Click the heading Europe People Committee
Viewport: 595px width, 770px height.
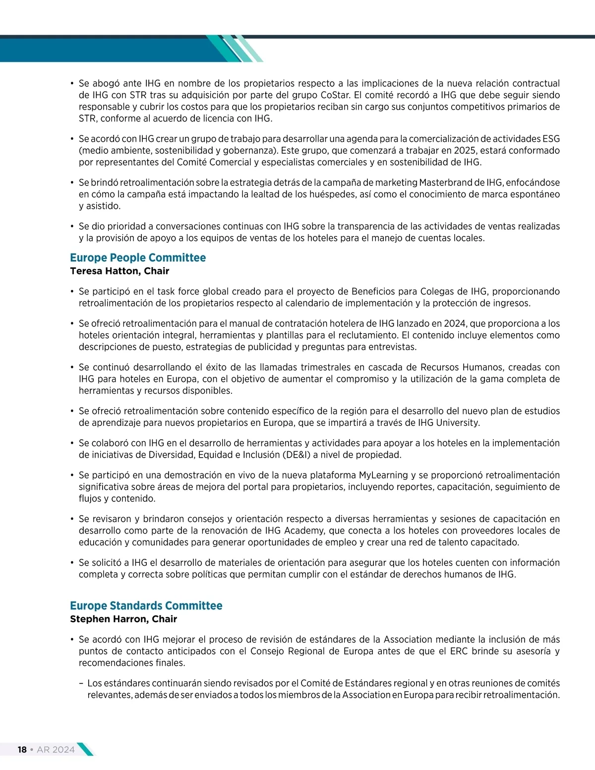(138, 258)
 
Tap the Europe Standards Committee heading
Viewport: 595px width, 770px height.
(146, 606)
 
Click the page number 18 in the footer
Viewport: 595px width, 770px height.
(22, 750)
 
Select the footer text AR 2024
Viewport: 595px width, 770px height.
(56, 750)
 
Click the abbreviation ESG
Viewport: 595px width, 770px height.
(551, 139)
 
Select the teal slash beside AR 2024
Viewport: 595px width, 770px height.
(85, 749)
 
